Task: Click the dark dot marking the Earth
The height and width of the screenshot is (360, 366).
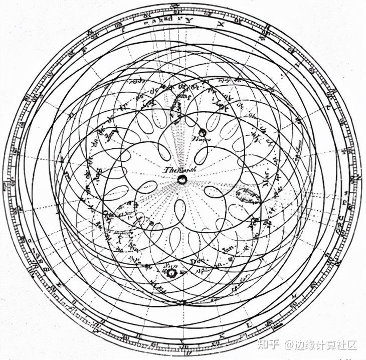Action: coord(181,179)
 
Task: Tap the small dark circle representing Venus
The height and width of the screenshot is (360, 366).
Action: coord(202,132)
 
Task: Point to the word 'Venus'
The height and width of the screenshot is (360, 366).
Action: coord(201,141)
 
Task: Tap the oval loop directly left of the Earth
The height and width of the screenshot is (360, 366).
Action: coord(147,187)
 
